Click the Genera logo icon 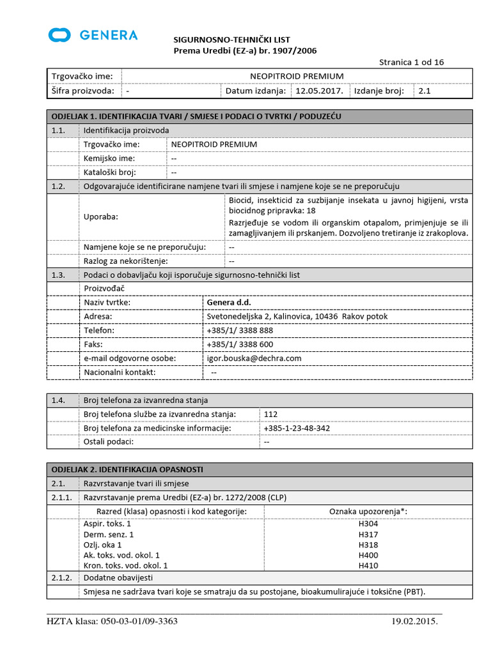tap(59, 34)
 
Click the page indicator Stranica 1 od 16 tap(411, 62)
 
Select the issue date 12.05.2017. tap(319, 91)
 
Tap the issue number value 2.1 tap(425, 91)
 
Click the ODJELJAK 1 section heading tap(196, 116)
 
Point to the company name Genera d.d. tap(229, 302)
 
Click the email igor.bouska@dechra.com tap(254, 358)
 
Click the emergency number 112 tap(270, 414)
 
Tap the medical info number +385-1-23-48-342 tap(297, 428)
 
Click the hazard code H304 tap(368, 524)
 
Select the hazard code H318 tap(368, 545)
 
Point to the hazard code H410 tap(368, 565)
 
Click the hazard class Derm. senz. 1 tap(109, 534)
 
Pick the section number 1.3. tap(59, 275)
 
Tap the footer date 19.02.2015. tap(414, 621)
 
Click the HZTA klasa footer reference tap(113, 621)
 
